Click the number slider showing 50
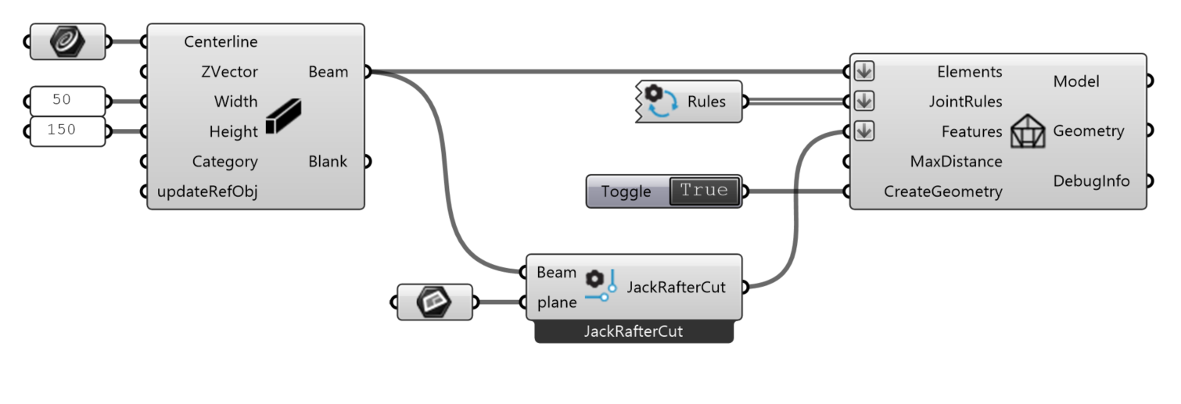point(66,101)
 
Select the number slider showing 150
point(66,130)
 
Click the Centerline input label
point(221,42)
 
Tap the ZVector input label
point(228,72)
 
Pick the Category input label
point(224,162)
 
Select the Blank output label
point(328,162)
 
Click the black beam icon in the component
point(283,116)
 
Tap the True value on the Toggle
point(704,191)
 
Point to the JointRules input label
point(965,102)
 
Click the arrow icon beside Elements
point(863,71)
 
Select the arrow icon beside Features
point(863,131)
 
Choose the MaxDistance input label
point(956,162)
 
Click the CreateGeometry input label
point(942,191)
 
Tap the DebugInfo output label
point(1091,181)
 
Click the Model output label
point(1076,81)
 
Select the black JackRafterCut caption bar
point(634,331)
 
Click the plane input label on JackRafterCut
point(557,303)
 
